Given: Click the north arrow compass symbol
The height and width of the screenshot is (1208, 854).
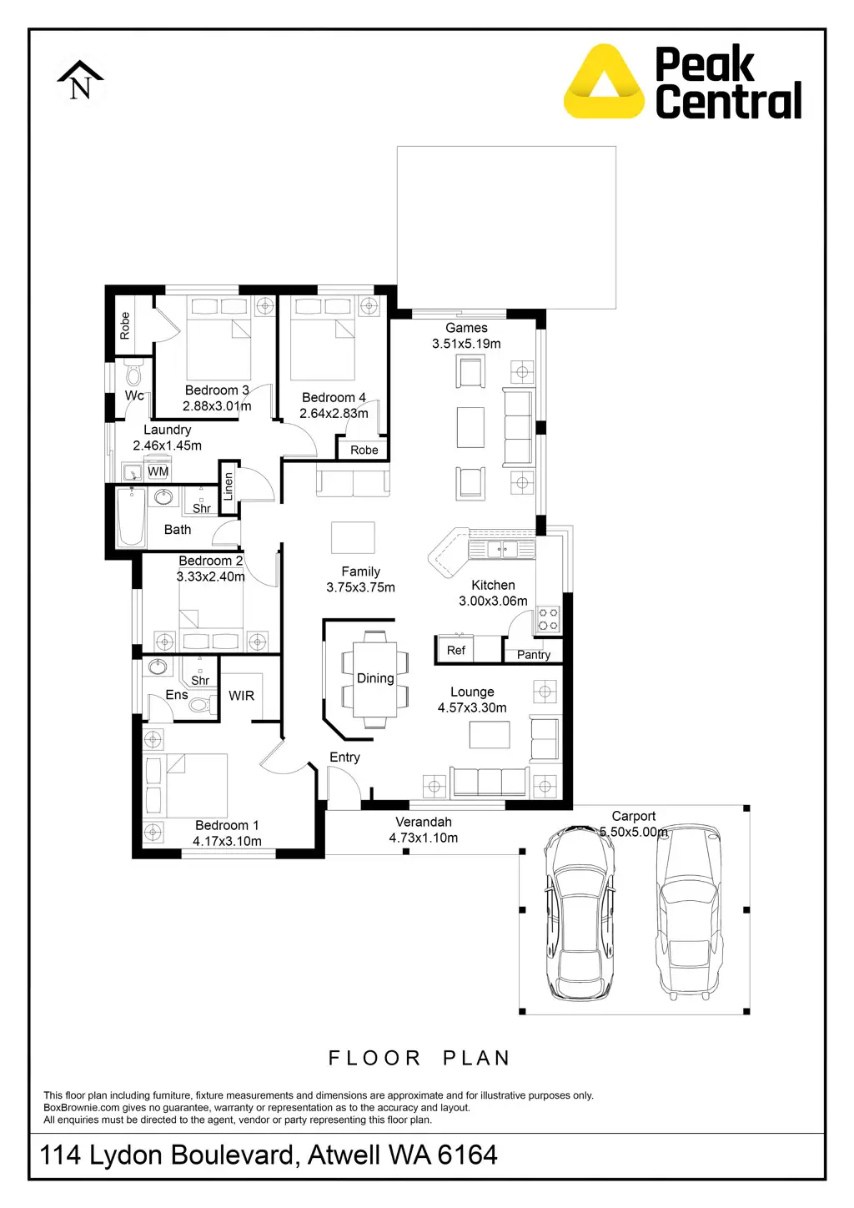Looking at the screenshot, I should [80, 81].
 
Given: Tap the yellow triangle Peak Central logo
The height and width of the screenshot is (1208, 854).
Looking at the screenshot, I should [604, 83].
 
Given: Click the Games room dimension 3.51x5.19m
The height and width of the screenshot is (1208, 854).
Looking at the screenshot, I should [466, 344].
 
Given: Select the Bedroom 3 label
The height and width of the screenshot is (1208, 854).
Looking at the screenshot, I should [217, 390].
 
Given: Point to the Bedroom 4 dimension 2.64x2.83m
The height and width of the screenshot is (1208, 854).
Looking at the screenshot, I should [334, 414].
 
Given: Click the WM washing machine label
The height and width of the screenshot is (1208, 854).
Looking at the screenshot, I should [158, 471].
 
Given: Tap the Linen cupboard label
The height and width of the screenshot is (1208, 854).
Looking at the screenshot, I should [229, 486].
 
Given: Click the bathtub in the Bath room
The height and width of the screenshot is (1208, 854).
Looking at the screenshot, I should [131, 517].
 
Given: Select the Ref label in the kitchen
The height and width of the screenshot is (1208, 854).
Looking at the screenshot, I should [456, 651].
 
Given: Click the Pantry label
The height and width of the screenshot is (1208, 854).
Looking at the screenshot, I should [534, 655].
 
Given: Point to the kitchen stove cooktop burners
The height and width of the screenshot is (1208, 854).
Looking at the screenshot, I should [548, 619].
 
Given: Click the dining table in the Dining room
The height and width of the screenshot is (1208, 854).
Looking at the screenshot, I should [375, 679].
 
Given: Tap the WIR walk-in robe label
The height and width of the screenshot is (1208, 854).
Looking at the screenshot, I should [241, 696].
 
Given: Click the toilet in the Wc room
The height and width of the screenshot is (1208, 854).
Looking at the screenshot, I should [133, 374].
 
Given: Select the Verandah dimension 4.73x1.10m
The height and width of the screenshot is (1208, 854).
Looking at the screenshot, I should [423, 838].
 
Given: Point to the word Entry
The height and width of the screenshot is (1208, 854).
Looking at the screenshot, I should [344, 758].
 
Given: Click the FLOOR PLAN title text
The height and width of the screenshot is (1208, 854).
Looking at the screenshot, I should [419, 1058].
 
